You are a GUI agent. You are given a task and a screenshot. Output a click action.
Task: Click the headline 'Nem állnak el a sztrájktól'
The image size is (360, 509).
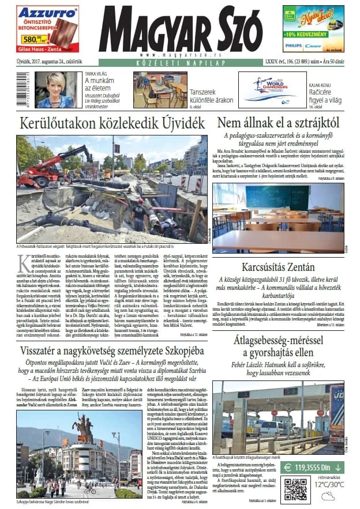[277, 123]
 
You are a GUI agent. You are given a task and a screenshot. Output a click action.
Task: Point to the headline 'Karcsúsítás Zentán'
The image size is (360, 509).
[278, 267]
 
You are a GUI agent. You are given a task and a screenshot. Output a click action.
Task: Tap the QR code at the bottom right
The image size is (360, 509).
[295, 489]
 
